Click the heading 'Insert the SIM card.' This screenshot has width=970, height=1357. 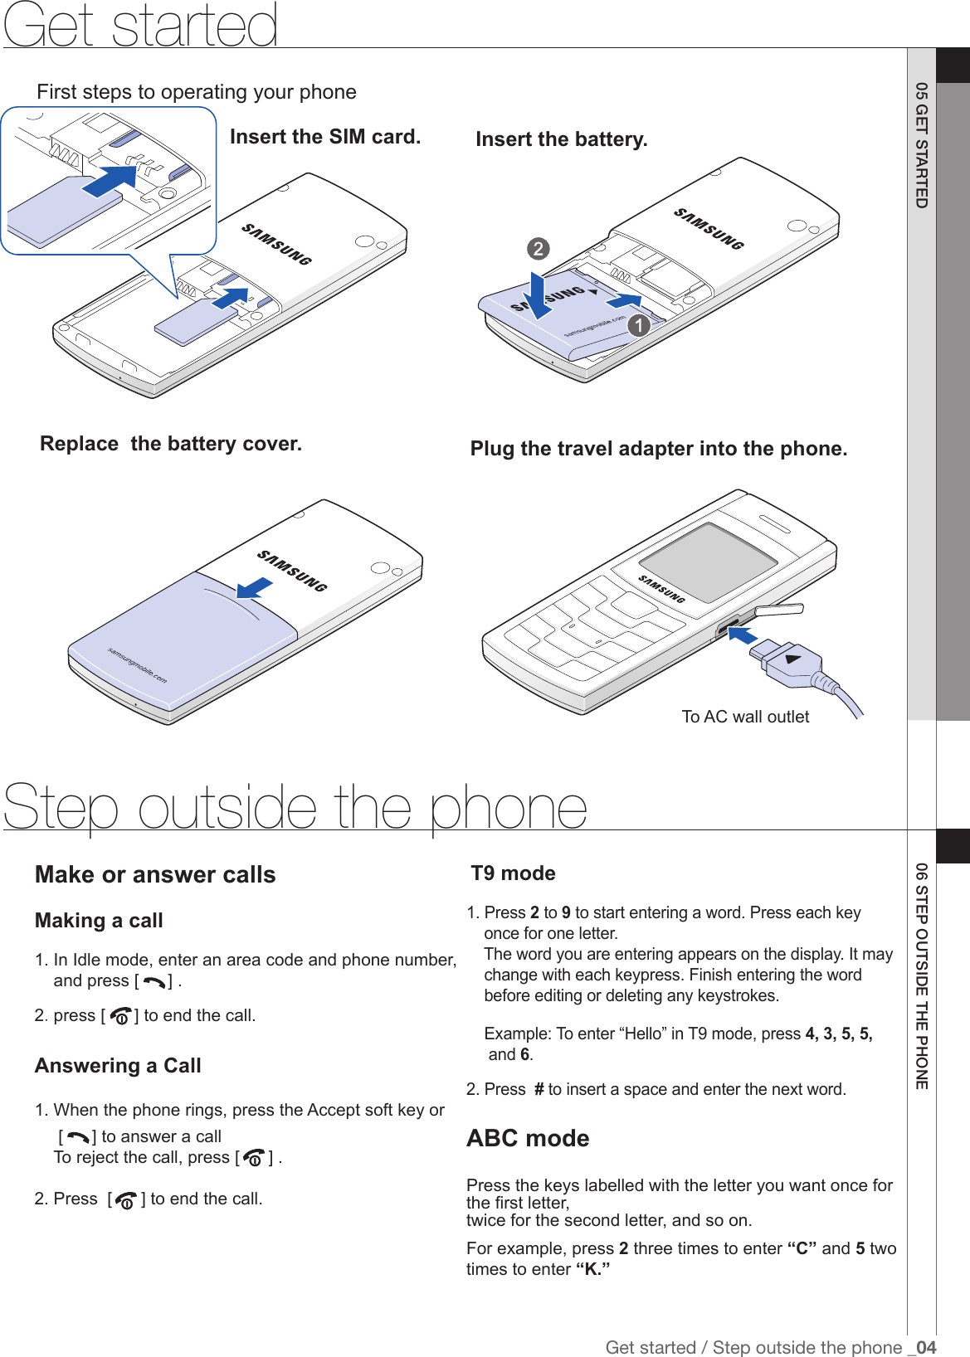coord(325,137)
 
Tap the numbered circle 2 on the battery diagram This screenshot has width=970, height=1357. coord(538,249)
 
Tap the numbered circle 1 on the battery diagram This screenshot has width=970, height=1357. coord(638,325)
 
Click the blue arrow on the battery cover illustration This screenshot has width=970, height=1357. coord(254,588)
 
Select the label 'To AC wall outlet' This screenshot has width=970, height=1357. coord(745,717)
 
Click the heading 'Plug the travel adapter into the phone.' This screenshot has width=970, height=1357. coord(659,449)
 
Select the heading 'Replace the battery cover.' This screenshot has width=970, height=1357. coord(171,444)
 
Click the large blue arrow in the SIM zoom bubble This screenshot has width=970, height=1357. coord(110,181)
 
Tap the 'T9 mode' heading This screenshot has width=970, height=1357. coord(513,873)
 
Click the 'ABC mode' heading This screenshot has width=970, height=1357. coord(528,1138)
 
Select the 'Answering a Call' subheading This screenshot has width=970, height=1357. coord(118,1066)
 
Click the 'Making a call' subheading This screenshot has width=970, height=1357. coord(99,921)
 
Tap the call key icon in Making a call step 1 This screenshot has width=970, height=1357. coord(154,982)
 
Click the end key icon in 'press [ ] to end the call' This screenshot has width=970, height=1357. coord(120,1016)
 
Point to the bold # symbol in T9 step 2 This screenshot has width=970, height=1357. coord(539,1089)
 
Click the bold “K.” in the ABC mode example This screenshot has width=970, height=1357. coord(592,1269)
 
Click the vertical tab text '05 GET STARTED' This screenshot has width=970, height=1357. coord(921,145)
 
